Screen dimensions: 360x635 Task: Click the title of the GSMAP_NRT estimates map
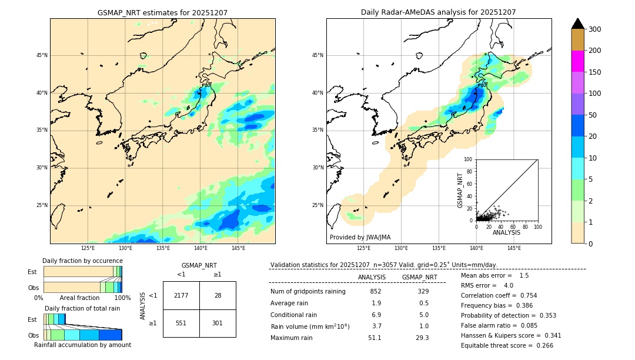click(x=162, y=12)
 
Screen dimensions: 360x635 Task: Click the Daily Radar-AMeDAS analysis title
click(x=439, y=12)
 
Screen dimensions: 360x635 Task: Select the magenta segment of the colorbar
click(x=577, y=61)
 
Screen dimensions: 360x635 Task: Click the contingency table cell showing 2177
click(x=181, y=295)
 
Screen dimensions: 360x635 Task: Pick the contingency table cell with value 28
click(x=218, y=295)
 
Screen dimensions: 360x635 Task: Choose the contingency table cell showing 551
click(x=181, y=323)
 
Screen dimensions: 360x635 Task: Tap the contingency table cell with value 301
click(x=218, y=323)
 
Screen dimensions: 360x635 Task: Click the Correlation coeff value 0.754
click(x=524, y=295)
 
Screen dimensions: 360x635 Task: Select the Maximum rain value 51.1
click(x=375, y=338)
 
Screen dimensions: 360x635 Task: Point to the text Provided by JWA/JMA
click(x=360, y=238)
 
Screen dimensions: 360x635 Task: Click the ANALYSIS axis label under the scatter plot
click(x=506, y=232)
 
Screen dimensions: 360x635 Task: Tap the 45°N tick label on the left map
click(x=42, y=55)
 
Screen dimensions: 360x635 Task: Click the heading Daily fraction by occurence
click(x=82, y=261)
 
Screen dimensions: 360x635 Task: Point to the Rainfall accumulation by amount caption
click(x=82, y=345)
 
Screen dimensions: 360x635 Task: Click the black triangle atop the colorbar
click(x=577, y=24)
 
